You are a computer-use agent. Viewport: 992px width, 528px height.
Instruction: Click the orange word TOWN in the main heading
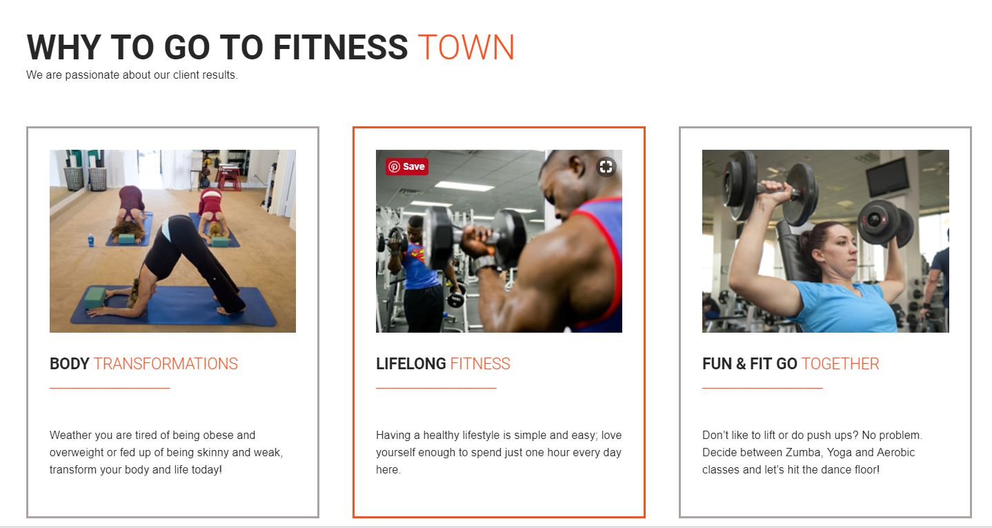(466, 47)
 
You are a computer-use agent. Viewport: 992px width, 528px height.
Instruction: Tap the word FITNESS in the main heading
(340, 47)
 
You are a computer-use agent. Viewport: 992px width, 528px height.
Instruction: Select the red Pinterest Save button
(406, 166)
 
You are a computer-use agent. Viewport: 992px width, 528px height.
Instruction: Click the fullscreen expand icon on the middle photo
(606, 167)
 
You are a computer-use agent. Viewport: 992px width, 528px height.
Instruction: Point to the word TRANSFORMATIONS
(166, 364)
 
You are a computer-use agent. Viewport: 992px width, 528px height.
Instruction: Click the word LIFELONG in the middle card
(411, 364)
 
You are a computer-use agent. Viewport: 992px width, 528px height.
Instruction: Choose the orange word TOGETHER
(840, 364)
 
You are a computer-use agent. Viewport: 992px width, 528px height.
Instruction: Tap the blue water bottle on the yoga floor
(91, 239)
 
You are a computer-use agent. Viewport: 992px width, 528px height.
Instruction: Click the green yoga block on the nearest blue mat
(95, 297)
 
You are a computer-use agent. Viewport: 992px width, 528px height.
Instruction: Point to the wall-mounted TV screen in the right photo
(888, 177)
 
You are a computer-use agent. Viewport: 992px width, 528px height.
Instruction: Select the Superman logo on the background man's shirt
(417, 253)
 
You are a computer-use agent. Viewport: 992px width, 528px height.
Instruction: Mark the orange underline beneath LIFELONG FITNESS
(436, 388)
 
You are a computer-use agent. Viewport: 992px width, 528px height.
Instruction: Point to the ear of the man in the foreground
(577, 166)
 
